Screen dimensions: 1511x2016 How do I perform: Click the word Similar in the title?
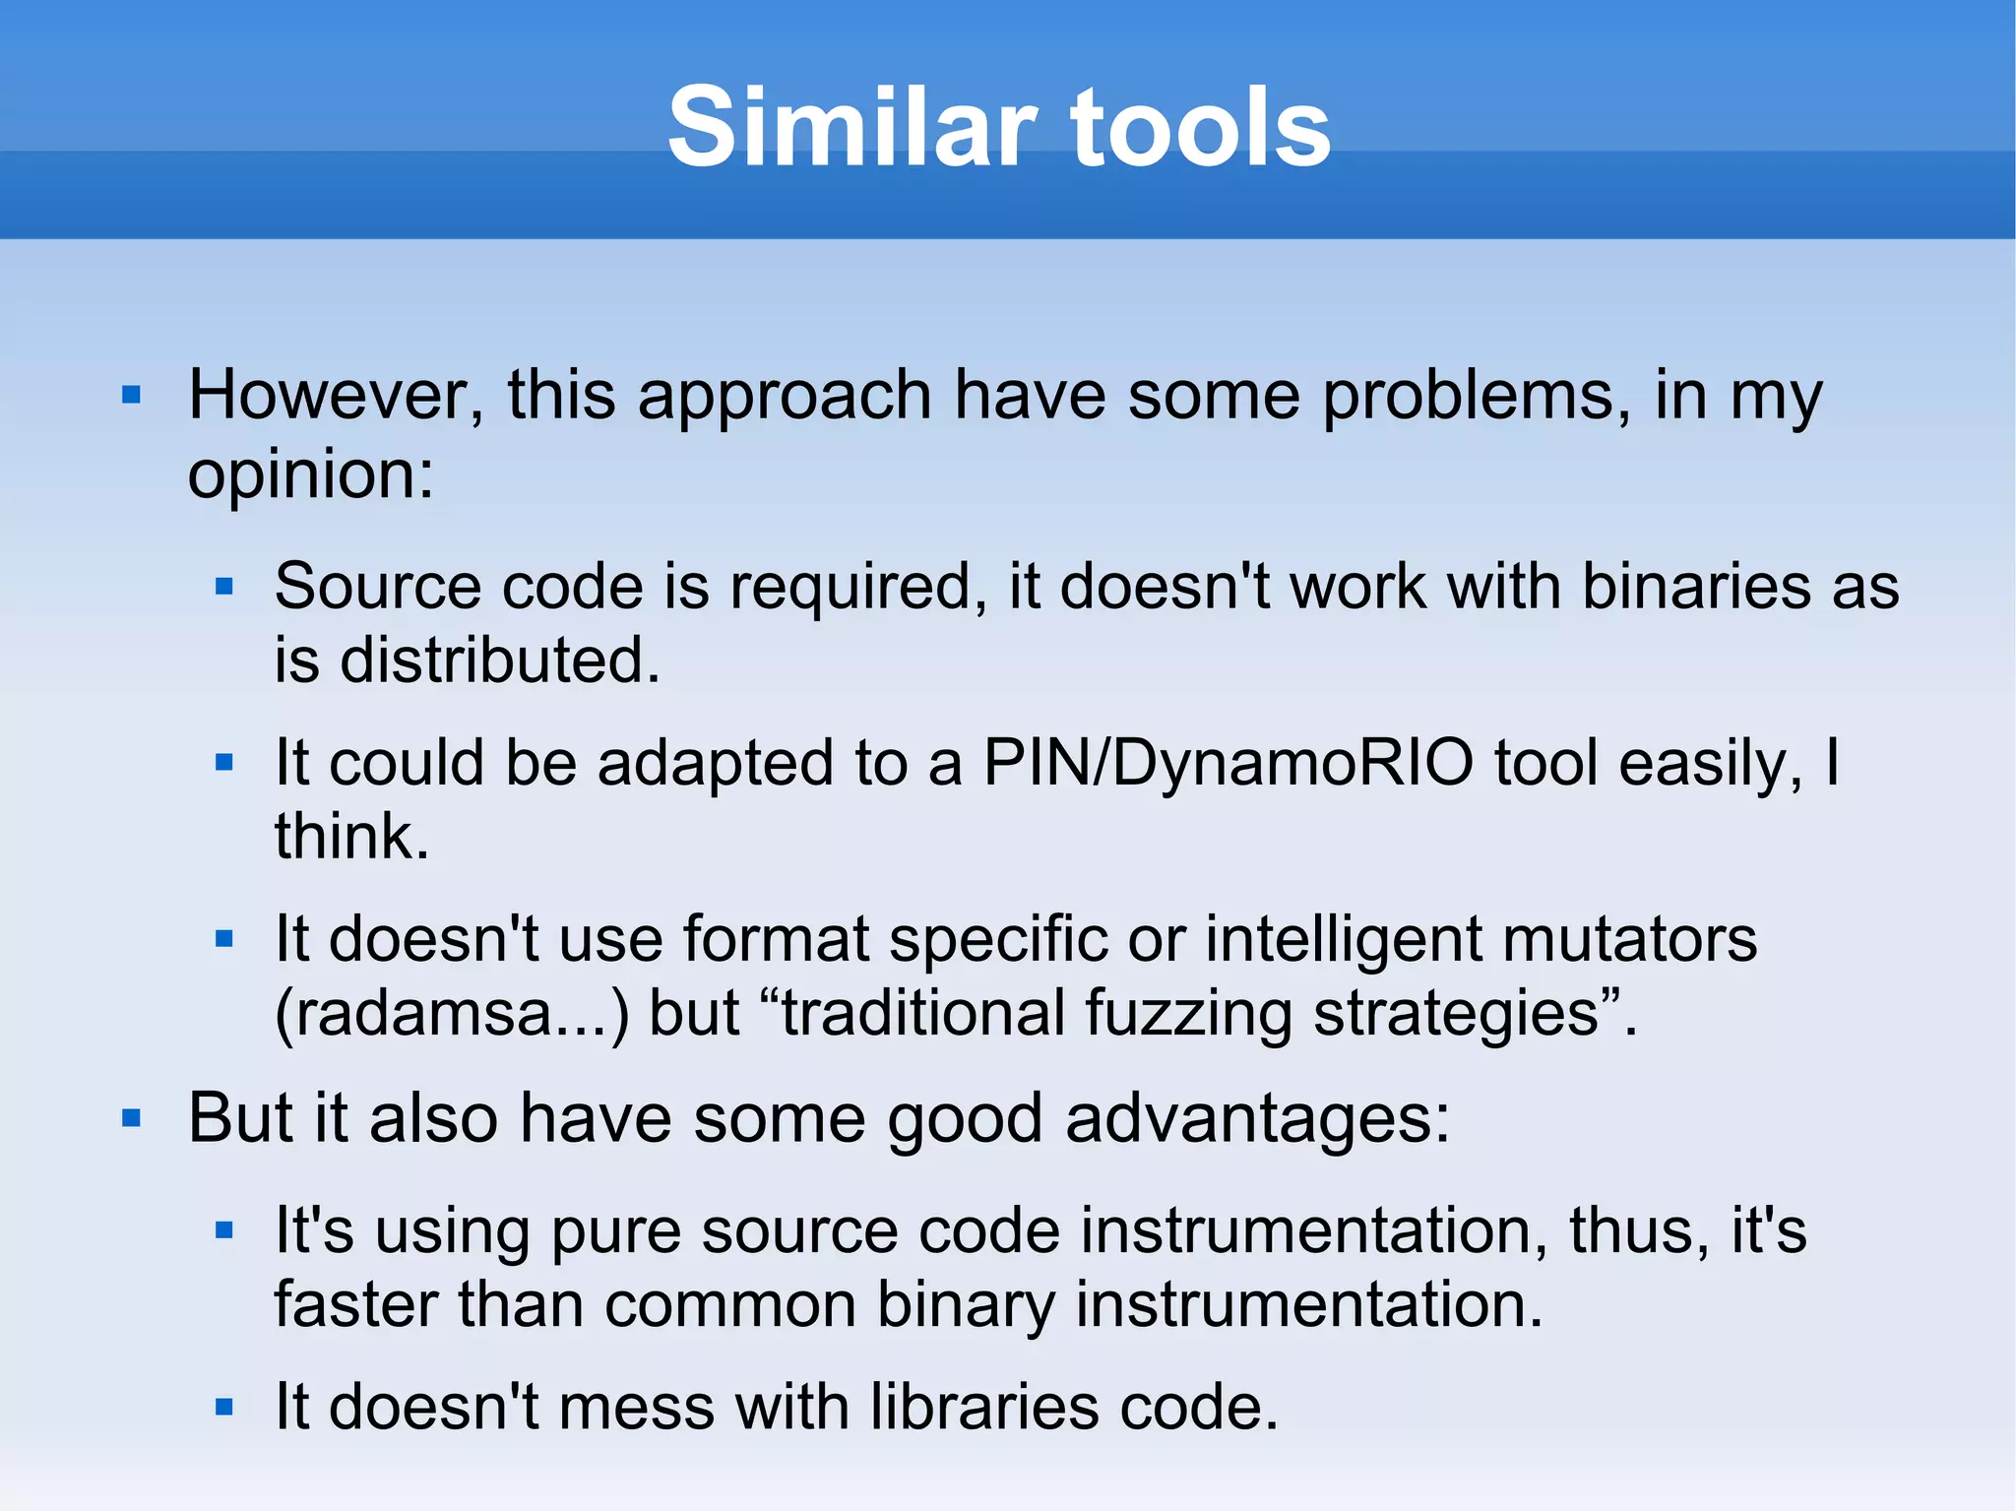(x=852, y=128)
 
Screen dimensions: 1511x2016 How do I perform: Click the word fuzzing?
(x=1187, y=1016)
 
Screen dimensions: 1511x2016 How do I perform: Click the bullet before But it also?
(x=131, y=1119)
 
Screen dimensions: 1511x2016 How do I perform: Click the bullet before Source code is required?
(x=224, y=588)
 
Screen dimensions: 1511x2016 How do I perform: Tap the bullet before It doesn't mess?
(x=224, y=1408)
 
